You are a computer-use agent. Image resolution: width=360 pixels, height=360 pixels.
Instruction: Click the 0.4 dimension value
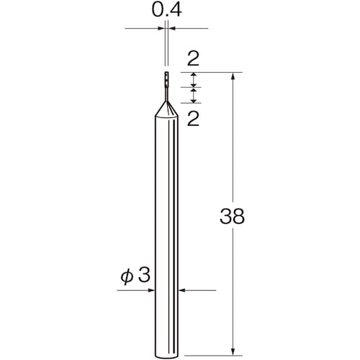coord(167,11)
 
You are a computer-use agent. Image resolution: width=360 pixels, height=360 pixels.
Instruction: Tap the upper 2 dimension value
coord(192,58)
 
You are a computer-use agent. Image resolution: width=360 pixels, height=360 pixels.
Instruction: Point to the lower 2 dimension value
coord(192,118)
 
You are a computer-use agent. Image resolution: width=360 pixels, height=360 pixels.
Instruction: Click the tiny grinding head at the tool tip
coord(166,78)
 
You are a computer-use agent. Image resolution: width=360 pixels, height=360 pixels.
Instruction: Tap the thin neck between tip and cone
coord(166,93)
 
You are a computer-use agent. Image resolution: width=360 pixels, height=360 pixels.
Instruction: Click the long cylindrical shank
coord(166,230)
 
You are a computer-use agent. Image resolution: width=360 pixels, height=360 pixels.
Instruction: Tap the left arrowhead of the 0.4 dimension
coord(162,29)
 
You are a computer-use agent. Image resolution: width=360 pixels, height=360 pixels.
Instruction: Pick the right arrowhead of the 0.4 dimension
coord(171,29)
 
